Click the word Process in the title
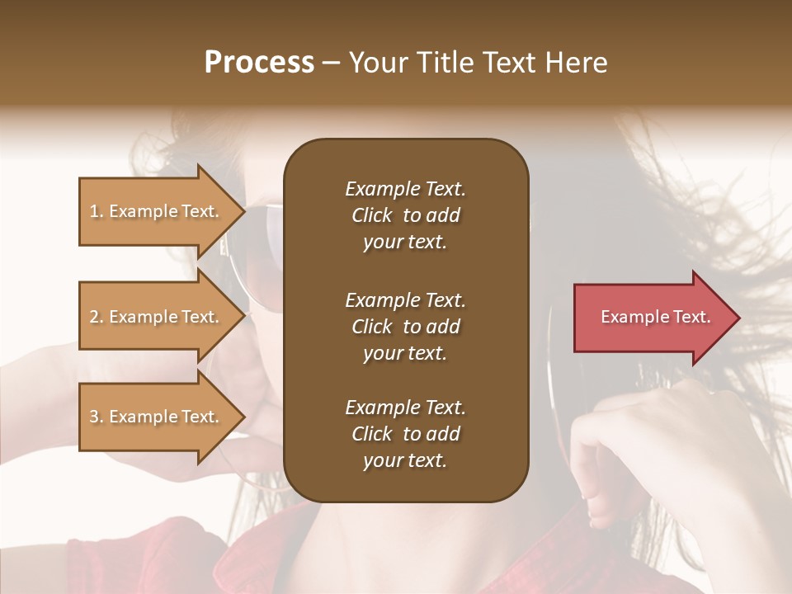click(259, 63)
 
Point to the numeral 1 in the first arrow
click(94, 211)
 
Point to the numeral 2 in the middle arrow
click(94, 317)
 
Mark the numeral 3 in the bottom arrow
click(94, 417)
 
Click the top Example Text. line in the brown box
click(405, 189)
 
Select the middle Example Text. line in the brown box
click(405, 299)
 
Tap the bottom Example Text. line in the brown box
click(405, 408)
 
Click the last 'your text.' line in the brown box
click(405, 461)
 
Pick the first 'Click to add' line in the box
click(405, 215)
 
